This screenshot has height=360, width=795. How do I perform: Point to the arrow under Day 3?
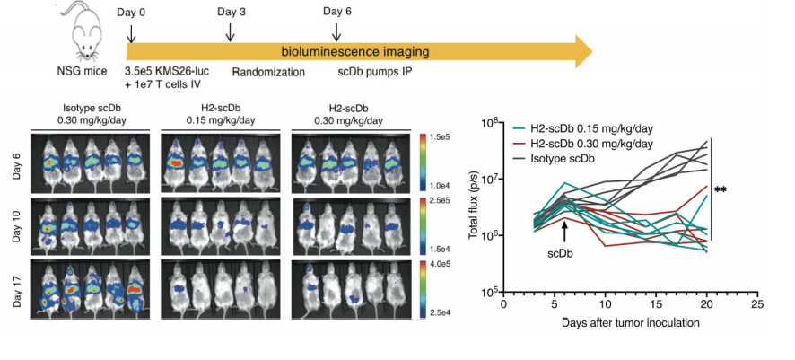click(232, 31)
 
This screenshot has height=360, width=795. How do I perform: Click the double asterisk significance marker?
click(720, 190)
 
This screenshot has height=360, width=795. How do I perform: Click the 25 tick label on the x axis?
click(758, 304)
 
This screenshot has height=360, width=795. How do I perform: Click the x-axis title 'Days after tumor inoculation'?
click(632, 321)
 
